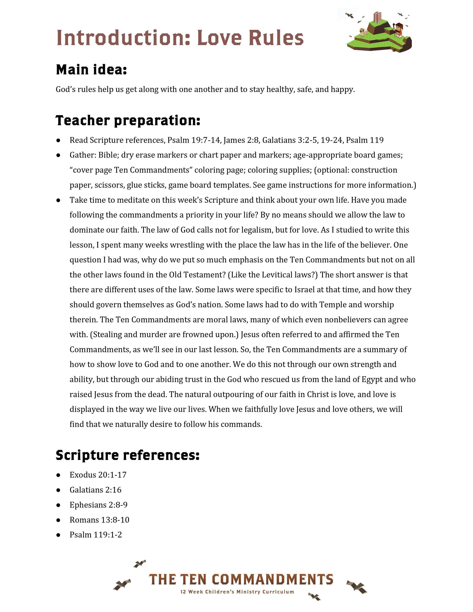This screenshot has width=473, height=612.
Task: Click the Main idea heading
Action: pyautogui.click(x=91, y=70)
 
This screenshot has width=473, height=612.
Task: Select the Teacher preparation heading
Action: pyautogui.click(x=128, y=121)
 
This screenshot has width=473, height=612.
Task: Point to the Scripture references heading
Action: pyautogui.click(x=128, y=455)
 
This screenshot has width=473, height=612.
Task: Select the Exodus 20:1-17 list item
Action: pyautogui.click(x=98, y=475)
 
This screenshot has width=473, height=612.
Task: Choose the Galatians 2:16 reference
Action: pyautogui.click(x=96, y=490)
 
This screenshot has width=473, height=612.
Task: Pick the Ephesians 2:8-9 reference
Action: pyautogui.click(x=99, y=505)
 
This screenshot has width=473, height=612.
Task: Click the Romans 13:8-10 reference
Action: pyautogui.click(x=99, y=520)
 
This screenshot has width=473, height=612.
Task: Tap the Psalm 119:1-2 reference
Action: pyautogui.click(x=96, y=535)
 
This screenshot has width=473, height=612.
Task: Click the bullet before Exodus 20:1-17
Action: pyautogui.click(x=58, y=475)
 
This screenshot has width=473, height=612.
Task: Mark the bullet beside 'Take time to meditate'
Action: pyautogui.click(x=58, y=200)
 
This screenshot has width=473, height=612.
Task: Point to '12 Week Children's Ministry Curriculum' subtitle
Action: pyautogui.click(x=237, y=592)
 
